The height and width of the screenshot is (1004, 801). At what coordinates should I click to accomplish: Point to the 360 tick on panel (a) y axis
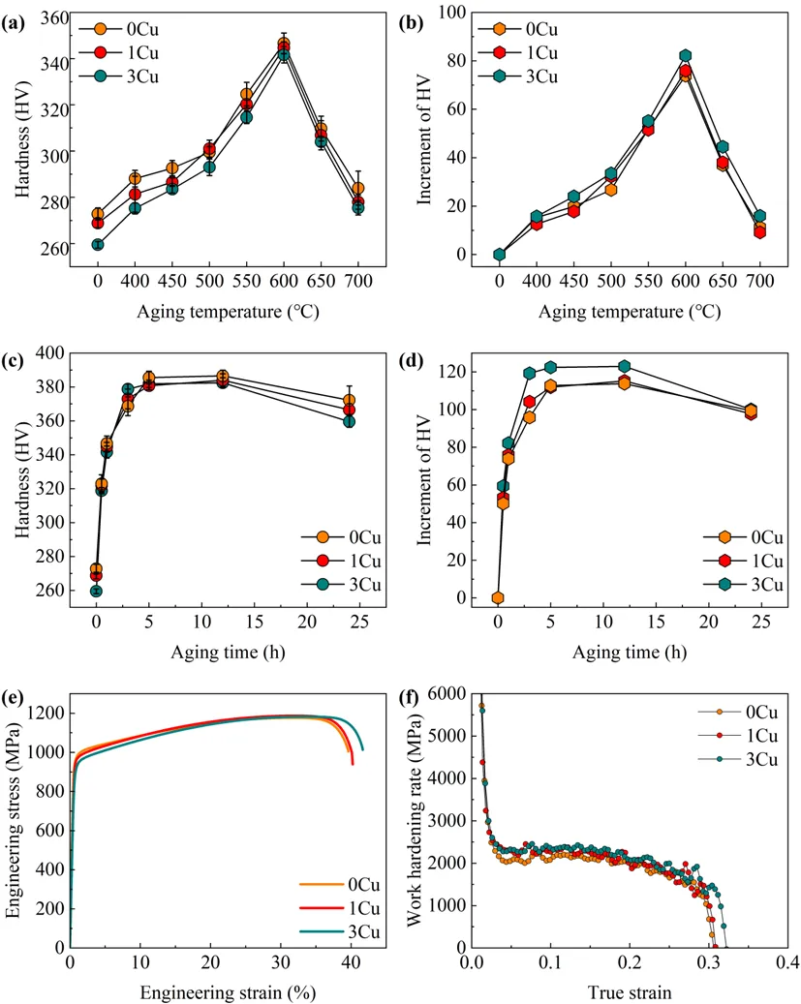point(56,17)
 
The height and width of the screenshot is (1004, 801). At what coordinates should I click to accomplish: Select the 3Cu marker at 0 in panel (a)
point(98,245)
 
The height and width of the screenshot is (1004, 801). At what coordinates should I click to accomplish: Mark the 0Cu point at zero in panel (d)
point(498,597)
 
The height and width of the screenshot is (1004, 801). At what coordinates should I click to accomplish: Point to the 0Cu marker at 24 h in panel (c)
point(349,400)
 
